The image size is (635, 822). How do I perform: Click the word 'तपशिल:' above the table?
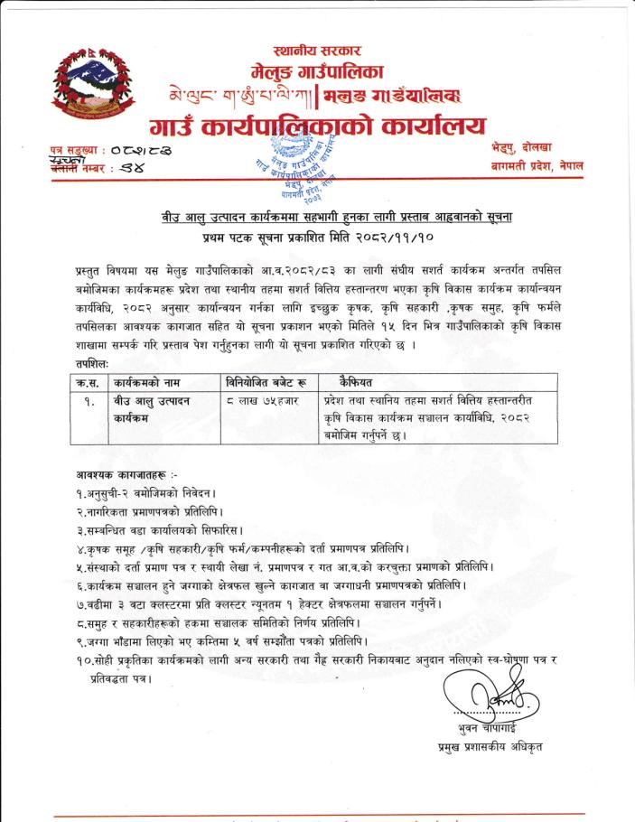[x=93, y=363]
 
